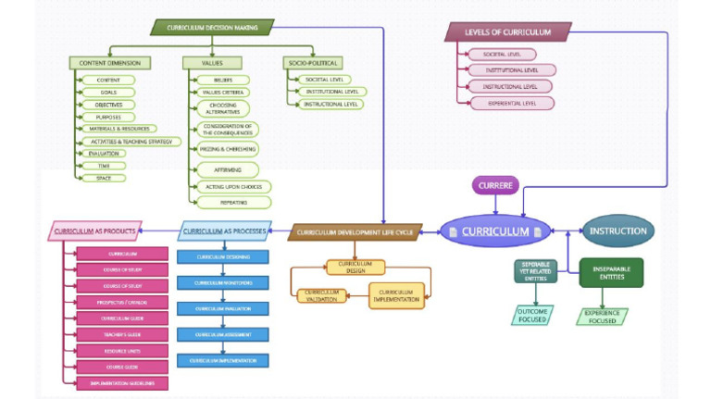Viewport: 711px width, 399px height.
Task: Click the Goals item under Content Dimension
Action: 108,93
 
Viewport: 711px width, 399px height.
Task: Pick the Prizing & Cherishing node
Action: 228,149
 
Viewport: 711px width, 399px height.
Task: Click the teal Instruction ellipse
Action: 617,231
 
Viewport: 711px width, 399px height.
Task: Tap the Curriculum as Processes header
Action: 224,231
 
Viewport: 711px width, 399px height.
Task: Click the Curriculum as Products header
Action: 94,231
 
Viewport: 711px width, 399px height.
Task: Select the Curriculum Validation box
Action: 321,296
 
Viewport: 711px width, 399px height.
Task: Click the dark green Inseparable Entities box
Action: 611,273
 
